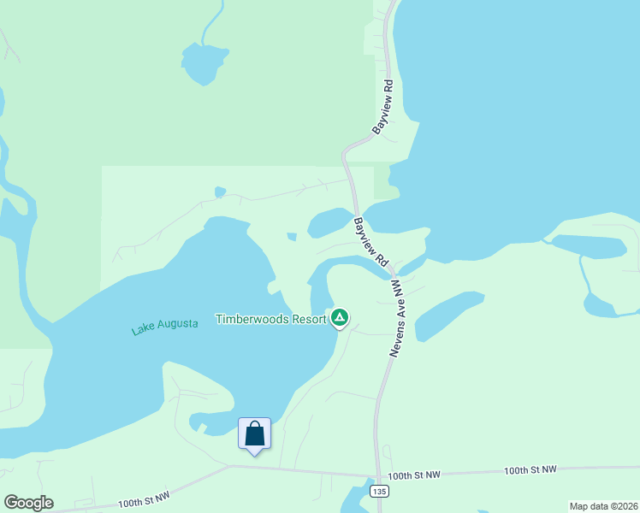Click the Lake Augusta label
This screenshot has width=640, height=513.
click(165, 326)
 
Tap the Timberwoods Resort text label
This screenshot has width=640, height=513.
click(270, 319)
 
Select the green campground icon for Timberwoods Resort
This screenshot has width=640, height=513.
click(340, 319)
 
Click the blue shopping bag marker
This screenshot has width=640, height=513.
click(255, 433)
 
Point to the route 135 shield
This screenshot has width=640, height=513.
click(377, 492)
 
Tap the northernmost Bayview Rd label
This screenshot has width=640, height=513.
click(382, 107)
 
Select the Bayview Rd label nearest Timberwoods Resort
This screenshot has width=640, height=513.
click(371, 241)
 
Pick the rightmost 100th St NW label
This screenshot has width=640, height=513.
click(530, 470)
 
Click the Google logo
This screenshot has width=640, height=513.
click(28, 503)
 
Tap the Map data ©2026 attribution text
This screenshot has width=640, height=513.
click(603, 506)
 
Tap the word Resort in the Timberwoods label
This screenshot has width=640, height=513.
click(308, 319)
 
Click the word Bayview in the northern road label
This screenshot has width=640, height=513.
click(379, 117)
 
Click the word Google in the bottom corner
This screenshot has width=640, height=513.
click(28, 503)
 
